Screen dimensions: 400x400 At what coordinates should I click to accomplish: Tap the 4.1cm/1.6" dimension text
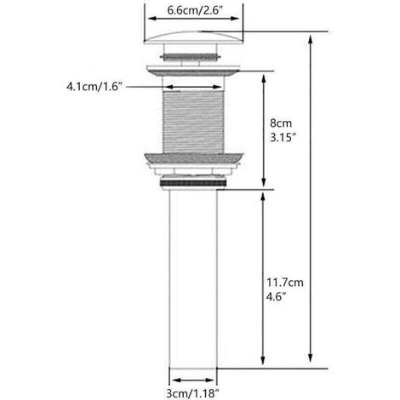(94, 87)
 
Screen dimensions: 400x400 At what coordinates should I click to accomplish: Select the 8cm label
(281, 123)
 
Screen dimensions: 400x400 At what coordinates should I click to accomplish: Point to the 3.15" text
(283, 138)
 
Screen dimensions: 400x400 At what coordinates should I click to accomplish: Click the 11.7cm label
(284, 283)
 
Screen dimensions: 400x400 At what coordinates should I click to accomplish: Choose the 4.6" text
(276, 297)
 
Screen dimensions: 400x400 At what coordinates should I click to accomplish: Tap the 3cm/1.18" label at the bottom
(193, 393)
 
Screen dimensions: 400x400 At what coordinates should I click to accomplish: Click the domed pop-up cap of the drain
(194, 37)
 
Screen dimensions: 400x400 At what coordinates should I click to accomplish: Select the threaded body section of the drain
(193, 122)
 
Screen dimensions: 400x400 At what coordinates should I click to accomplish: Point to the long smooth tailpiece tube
(193, 278)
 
